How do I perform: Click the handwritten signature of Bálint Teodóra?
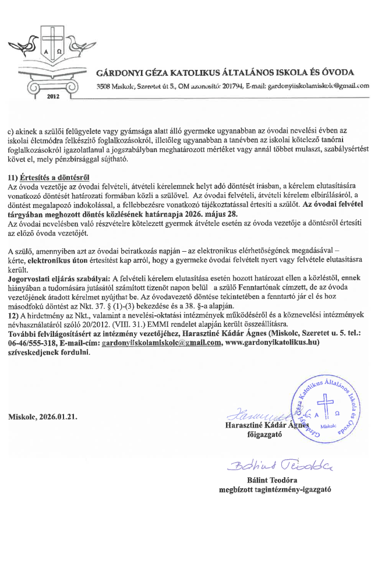(271, 464)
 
